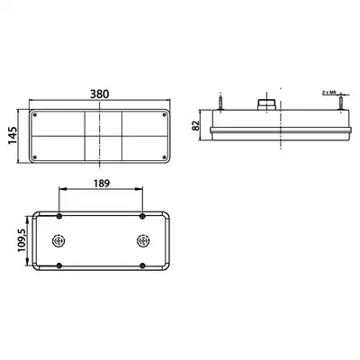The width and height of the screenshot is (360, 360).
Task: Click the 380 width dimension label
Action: pos(100,94)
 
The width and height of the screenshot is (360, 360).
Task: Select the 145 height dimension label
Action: pos(13,136)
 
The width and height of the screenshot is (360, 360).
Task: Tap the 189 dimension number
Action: pos(102,184)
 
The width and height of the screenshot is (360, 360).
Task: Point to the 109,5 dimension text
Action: pos(22,241)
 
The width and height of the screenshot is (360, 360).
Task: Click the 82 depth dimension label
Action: pos(195,125)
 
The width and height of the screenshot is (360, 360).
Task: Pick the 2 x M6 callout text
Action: pos(328,93)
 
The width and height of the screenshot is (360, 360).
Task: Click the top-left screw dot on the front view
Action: pos(34,115)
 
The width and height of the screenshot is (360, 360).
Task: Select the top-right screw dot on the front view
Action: pos(164,115)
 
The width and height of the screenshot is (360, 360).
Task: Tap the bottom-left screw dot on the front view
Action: pos(34,157)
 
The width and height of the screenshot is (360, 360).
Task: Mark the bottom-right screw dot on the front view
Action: pos(164,157)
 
